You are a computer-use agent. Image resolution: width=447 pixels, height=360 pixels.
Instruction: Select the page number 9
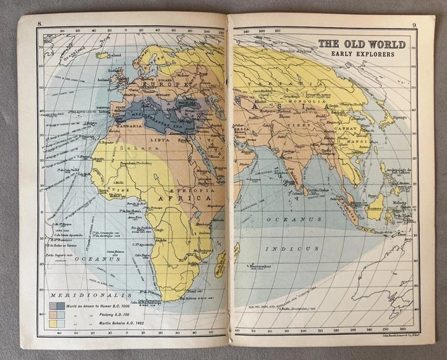click(414, 26)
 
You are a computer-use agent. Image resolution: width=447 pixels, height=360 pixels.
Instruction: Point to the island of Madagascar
click(220, 264)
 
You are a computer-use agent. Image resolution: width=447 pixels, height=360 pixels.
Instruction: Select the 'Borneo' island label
click(376, 203)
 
